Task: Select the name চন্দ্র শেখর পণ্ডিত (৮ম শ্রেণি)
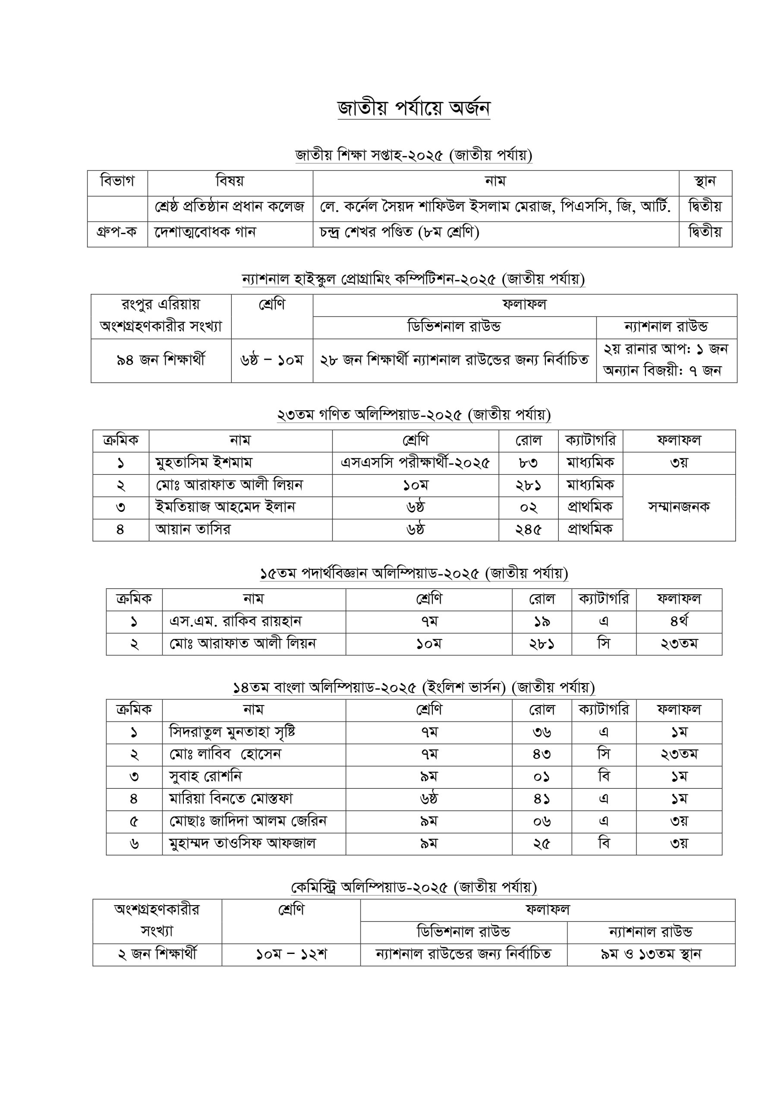pyautogui.click(x=400, y=232)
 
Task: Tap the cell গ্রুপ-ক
pyautogui.click(x=117, y=232)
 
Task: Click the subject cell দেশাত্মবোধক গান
pyautogui.click(x=205, y=232)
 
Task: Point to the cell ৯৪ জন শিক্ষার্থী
pyautogui.click(x=161, y=360)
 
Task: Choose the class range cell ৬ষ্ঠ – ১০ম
pyautogui.click(x=271, y=360)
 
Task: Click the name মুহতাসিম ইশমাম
pyautogui.click(x=204, y=463)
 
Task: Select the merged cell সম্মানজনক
pyautogui.click(x=678, y=507)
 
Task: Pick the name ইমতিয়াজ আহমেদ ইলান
pyautogui.click(x=225, y=507)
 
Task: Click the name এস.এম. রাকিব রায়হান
pyautogui.click(x=235, y=621)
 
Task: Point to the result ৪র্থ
pyautogui.click(x=678, y=621)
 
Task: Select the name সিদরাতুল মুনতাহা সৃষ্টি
pyautogui.click(x=233, y=732)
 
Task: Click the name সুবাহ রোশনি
pyautogui.click(x=205, y=777)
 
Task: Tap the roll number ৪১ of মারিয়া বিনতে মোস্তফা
pyautogui.click(x=542, y=799)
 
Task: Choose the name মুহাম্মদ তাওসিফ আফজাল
pyautogui.click(x=242, y=843)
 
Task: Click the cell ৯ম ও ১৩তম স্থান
pyautogui.click(x=651, y=954)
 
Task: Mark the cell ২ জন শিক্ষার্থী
pyautogui.click(x=157, y=954)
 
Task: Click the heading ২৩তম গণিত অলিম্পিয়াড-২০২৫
pyautogui.click(x=414, y=414)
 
